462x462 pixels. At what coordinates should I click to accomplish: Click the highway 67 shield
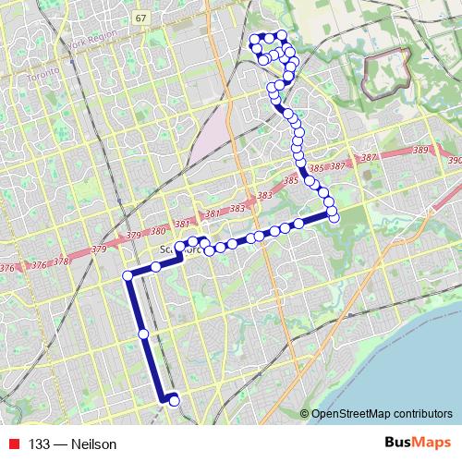[x=140, y=18]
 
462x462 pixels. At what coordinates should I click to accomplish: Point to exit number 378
[x=62, y=261]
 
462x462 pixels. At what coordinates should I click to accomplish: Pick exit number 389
[x=420, y=150]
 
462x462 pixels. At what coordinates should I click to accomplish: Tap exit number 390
[x=454, y=160]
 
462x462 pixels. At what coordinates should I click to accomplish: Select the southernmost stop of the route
[x=173, y=399]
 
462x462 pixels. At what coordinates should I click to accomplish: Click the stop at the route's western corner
[x=128, y=275]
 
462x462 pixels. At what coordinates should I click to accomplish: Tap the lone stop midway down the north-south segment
[x=143, y=334]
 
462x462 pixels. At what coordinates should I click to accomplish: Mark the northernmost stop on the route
[x=282, y=34]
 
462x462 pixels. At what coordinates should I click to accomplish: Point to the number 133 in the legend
[x=39, y=444]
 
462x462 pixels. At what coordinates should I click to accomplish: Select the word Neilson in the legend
[x=95, y=444]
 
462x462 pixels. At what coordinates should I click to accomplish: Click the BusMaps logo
[x=417, y=443]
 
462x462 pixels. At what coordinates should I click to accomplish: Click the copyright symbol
[x=304, y=413]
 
